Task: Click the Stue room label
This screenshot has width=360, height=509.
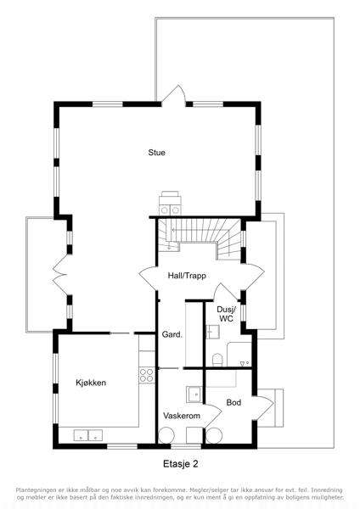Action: pos(156,152)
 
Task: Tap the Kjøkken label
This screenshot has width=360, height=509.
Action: pos(91,383)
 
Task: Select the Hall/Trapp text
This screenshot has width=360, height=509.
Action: pos(187,276)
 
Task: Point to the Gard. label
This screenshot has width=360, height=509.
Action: pos(172,334)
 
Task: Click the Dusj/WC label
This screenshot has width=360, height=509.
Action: pos(226,314)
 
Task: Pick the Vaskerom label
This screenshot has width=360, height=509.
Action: pos(182,416)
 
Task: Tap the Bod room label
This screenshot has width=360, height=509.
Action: pos(233,402)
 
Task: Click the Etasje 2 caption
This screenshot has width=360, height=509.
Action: pos(180,464)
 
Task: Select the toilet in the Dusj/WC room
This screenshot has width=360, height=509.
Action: pos(217,360)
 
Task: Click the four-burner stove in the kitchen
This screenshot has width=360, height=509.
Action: pos(147,375)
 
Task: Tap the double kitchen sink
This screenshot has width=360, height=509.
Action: pos(88,435)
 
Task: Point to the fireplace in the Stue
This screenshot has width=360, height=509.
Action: pos(170,204)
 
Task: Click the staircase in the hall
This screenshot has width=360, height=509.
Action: pos(200,238)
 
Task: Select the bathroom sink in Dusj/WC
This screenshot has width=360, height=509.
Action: pos(213,332)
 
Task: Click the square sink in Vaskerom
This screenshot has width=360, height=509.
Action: pos(194,394)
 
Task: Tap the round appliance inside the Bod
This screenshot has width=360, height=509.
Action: pos(214,436)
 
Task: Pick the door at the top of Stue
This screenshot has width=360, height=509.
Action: pos(174,95)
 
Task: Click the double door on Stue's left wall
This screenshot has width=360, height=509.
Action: pos(61,275)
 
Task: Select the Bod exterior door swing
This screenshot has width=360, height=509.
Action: pos(262,408)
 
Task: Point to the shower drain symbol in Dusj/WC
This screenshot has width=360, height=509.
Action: pos(245,363)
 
